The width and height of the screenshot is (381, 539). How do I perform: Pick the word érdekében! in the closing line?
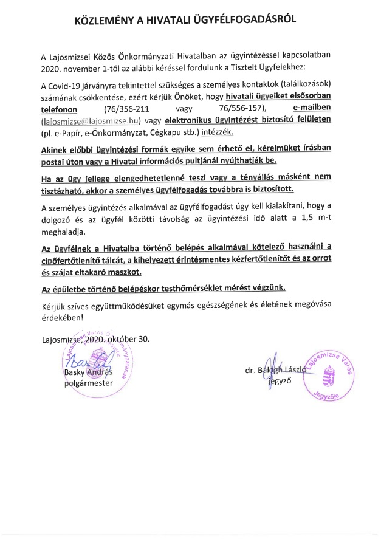coord(60,316)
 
